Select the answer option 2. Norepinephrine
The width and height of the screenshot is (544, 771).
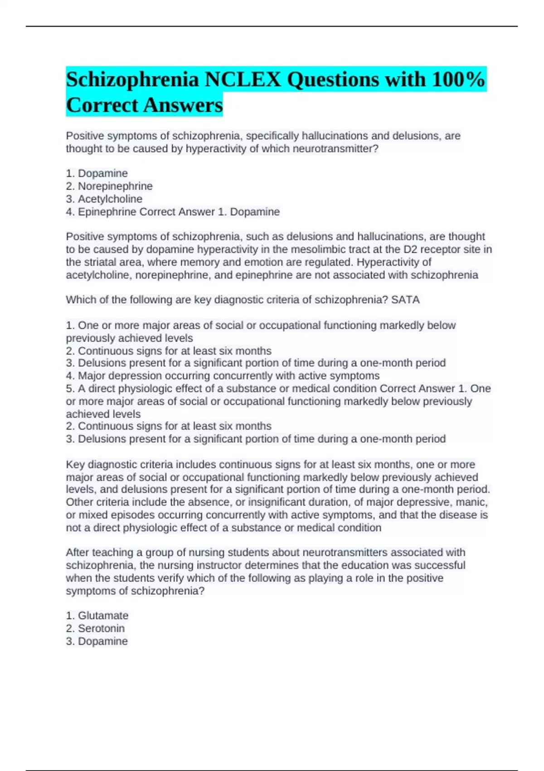pyautogui.click(x=109, y=186)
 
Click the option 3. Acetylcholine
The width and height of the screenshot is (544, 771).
pyautogui.click(x=104, y=199)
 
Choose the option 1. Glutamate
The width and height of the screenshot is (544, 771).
pyautogui.click(x=97, y=615)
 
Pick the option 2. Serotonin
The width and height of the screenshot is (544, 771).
pyautogui.click(x=95, y=628)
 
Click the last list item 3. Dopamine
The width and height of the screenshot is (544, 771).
pyautogui.click(x=97, y=641)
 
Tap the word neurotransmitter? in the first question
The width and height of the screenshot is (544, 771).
pyautogui.click(x=335, y=149)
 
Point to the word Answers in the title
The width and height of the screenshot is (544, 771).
pyautogui.click(x=183, y=105)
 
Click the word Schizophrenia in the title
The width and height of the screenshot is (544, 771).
pyautogui.click(x=132, y=80)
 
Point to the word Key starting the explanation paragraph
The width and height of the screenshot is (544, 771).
pyautogui.click(x=75, y=464)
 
